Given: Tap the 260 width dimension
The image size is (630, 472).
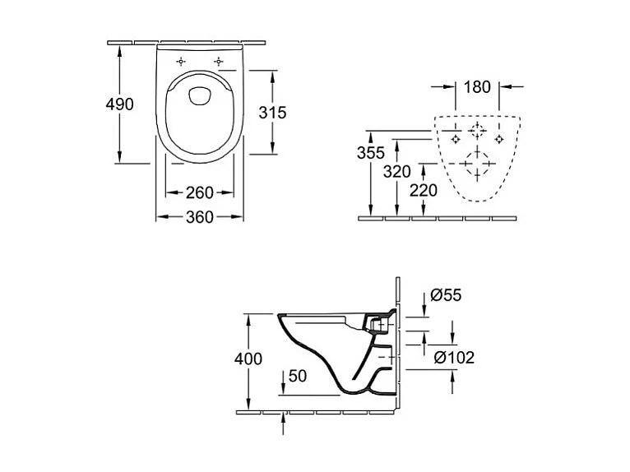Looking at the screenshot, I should (199, 192).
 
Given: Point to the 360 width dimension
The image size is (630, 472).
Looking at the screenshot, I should (199, 217).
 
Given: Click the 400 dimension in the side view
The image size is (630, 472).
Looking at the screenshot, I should (248, 359).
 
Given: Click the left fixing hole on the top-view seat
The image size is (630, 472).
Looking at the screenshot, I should (182, 62).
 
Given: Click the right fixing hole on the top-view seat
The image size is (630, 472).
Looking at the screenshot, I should (219, 62).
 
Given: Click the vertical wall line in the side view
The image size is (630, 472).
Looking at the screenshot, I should (398, 345).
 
